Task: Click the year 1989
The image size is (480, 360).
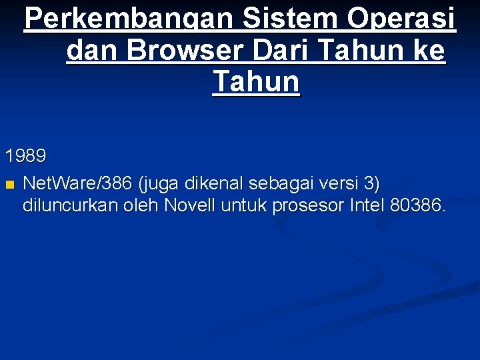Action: (x=26, y=157)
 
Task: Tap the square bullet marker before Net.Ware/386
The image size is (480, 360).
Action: (x=9, y=184)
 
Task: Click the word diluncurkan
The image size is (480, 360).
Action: (x=70, y=206)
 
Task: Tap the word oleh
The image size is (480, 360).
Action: (x=142, y=206)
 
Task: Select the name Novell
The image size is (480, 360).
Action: (x=187, y=206)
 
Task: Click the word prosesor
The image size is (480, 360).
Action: (x=307, y=206)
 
